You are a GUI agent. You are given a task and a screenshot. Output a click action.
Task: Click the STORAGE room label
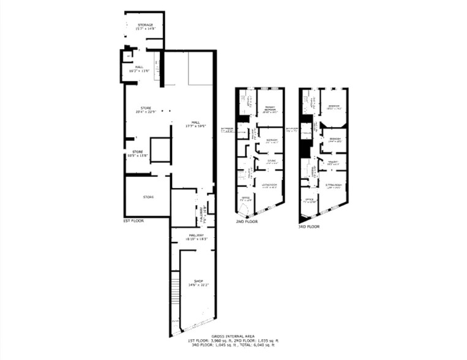point(144,26)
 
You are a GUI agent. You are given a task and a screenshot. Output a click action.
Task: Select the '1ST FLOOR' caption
point(133,220)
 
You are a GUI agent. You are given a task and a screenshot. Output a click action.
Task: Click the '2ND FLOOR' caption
point(247,222)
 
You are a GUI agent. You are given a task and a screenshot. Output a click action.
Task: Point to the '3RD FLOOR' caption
point(309,227)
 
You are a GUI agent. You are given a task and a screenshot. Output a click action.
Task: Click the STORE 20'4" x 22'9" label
point(146,110)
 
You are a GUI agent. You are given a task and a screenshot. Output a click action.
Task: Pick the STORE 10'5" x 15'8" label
point(138,153)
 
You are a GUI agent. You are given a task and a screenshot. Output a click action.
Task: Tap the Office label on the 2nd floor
point(244,199)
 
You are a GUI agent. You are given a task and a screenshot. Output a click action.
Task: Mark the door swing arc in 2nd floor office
point(243,211)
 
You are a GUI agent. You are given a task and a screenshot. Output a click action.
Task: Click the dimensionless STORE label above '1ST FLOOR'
point(148,197)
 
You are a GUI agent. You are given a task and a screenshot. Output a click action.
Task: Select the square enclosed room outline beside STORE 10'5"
point(160,150)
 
